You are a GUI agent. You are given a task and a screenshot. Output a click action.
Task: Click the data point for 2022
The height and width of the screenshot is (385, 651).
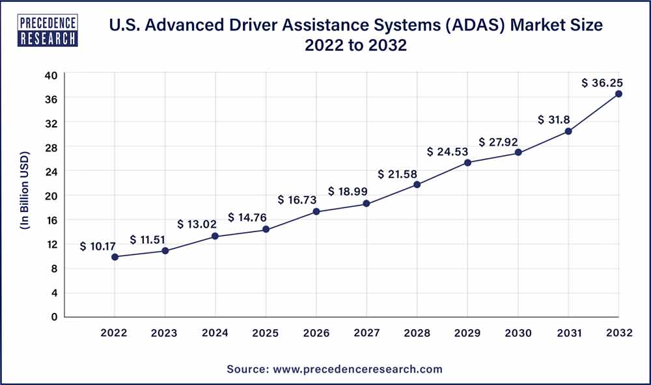coord(115,257)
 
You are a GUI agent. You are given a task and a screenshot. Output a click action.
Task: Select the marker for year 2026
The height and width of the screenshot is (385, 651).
coord(316,211)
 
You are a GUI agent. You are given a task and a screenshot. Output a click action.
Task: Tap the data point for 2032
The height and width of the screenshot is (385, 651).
coord(618,94)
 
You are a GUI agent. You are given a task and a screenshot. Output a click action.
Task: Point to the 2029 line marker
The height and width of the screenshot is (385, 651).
coord(467,163)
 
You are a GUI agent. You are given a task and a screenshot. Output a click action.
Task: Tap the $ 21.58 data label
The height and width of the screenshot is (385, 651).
coord(398,174)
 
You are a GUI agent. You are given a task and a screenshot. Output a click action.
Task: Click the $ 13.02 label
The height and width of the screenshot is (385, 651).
coord(199,225)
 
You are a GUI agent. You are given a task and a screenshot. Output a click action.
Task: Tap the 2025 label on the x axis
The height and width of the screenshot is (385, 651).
coord(266,333)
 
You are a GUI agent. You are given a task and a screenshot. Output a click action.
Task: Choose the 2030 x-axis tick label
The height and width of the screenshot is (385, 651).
coord(518,333)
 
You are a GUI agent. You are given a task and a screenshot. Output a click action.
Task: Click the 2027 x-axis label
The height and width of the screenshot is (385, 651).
coord(367,333)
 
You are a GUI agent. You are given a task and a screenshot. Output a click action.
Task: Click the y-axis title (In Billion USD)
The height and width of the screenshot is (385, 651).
coord(25,195)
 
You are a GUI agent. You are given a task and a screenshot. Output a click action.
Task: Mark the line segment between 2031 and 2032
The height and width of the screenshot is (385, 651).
coord(593,113)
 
